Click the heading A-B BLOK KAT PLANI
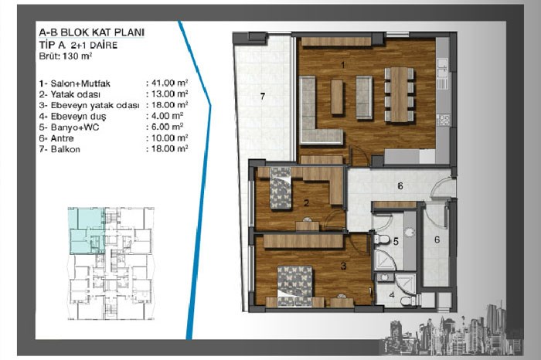92,32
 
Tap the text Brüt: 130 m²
66,56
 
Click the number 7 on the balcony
263,97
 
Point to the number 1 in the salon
342,65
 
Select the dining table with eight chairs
400,94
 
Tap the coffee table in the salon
337,97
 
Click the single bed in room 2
280,188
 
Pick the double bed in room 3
295,286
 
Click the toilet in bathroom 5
381,239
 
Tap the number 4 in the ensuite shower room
392,295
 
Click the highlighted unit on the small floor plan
87,231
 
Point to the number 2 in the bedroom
306,202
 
